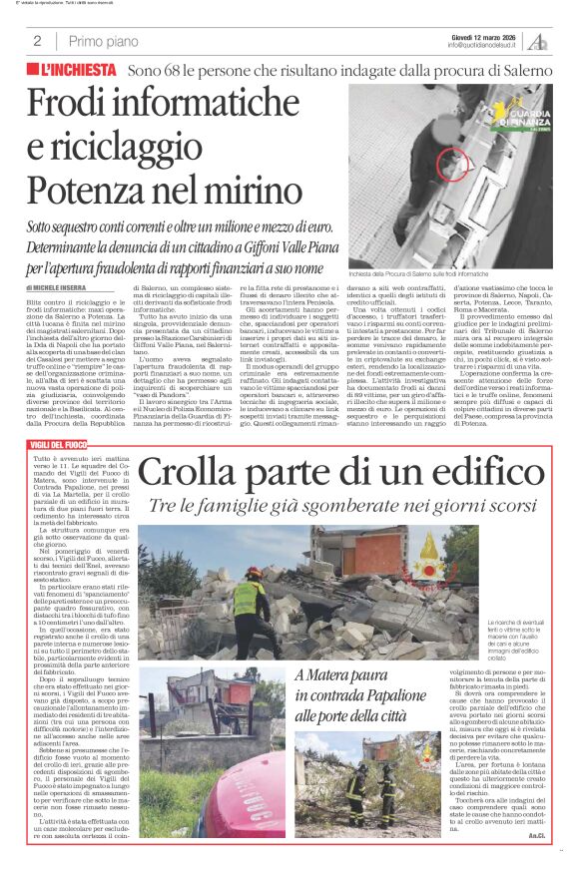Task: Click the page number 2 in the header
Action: click(x=36, y=41)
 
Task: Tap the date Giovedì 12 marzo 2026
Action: click(x=481, y=36)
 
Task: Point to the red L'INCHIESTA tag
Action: click(x=70, y=74)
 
